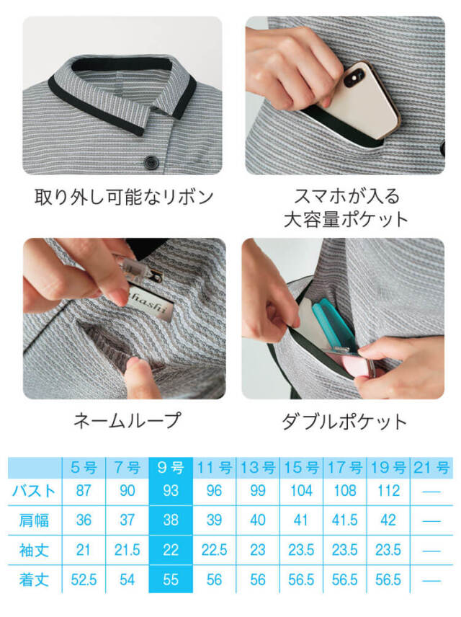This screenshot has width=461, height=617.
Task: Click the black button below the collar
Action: pyautogui.click(x=150, y=161)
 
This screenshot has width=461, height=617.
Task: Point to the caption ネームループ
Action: pyautogui.click(x=126, y=420)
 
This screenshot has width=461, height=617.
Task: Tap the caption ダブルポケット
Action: pyautogui.click(x=344, y=421)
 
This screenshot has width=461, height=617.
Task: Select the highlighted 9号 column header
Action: pyautogui.click(x=170, y=468)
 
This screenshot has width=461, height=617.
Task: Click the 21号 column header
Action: pyautogui.click(x=431, y=468)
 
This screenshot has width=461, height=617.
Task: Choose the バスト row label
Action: pyautogui.click(x=35, y=491)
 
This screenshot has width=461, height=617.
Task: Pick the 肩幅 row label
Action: pyautogui.click(x=35, y=520)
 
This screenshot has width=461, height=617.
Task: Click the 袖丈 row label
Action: pyautogui.click(x=35, y=550)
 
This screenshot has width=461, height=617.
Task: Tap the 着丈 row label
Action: pyautogui.click(x=35, y=580)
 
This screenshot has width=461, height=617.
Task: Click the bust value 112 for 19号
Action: pyautogui.click(x=388, y=491)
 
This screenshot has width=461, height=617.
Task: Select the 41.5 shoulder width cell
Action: pyautogui.click(x=344, y=520)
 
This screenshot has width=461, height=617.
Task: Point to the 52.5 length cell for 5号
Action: pyautogui.click(x=84, y=580)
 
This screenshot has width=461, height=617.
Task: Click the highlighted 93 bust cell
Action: pyautogui.click(x=170, y=491)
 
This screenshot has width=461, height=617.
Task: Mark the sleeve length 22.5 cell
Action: pyautogui.click(x=214, y=550)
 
